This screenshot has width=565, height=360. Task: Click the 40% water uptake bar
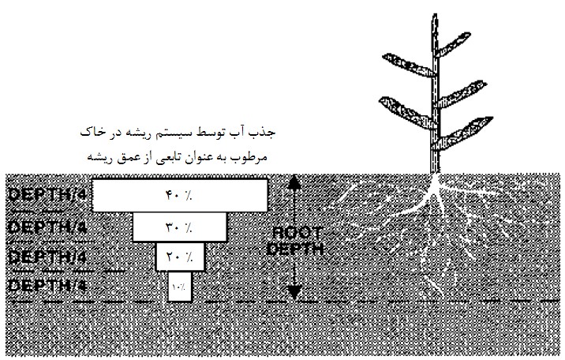click(179, 195)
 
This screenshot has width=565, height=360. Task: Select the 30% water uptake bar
click(179, 228)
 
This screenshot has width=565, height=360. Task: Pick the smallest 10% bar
click(179, 286)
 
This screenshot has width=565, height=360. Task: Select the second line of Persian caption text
click(179, 156)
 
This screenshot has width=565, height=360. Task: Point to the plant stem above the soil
click(432, 118)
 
